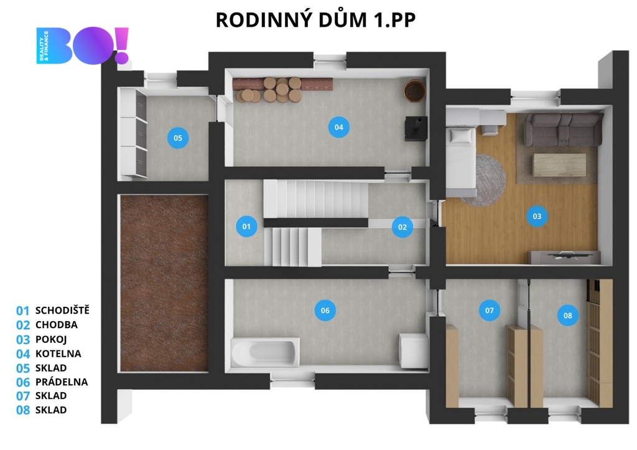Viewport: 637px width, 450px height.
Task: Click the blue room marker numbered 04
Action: pyautogui.click(x=339, y=127)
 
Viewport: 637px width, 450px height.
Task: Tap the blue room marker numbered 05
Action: pyautogui.click(x=178, y=138)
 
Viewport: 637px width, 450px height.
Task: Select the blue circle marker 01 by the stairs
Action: pyautogui.click(x=246, y=227)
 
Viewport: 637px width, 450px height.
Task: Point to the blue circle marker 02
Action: pyautogui.click(x=402, y=227)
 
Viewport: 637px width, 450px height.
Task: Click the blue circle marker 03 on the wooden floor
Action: pyautogui.click(x=537, y=216)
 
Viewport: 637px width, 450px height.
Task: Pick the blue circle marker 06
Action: pyautogui.click(x=325, y=311)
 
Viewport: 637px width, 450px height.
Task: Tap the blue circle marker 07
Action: pyautogui.click(x=490, y=311)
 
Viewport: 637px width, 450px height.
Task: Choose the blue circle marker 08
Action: pyautogui.click(x=567, y=316)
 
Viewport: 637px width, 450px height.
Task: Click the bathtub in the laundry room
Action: pyautogui.click(x=265, y=352)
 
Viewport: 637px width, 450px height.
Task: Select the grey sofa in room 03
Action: pyautogui.click(x=563, y=129)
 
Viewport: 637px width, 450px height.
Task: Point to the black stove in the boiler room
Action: pyautogui.click(x=416, y=128)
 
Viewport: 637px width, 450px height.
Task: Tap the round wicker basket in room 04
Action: pyautogui.click(x=414, y=91)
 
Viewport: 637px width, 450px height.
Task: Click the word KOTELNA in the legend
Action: pyautogui.click(x=58, y=354)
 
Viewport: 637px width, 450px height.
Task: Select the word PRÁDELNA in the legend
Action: pyautogui.click(x=62, y=382)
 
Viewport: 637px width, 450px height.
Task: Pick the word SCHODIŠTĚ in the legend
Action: pyautogui.click(x=62, y=310)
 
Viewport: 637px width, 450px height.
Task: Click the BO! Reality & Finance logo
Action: pyautogui.click(x=83, y=45)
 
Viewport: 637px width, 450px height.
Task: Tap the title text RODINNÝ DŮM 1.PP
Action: pyautogui.click(x=315, y=19)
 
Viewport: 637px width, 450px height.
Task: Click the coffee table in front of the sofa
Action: pyautogui.click(x=559, y=165)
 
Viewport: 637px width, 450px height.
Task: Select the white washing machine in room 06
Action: pyautogui.click(x=414, y=351)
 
